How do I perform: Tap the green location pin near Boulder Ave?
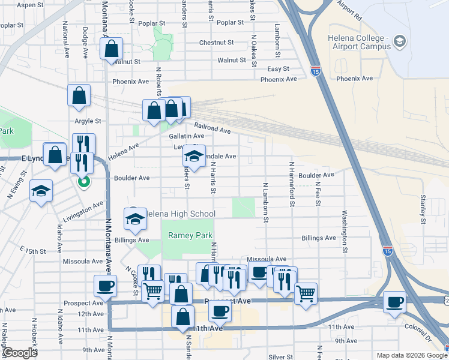point(84,180)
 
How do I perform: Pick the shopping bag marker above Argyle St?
point(79,95)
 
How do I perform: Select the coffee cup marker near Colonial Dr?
point(395,301)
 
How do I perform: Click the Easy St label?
point(279,69)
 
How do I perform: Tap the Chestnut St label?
point(216,43)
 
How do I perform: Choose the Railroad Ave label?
point(212,128)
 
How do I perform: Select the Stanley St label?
point(423,205)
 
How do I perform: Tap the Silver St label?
point(280,356)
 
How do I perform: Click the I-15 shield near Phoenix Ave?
point(315,71)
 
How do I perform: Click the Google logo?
point(20,353)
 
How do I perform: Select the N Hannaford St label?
point(292,185)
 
